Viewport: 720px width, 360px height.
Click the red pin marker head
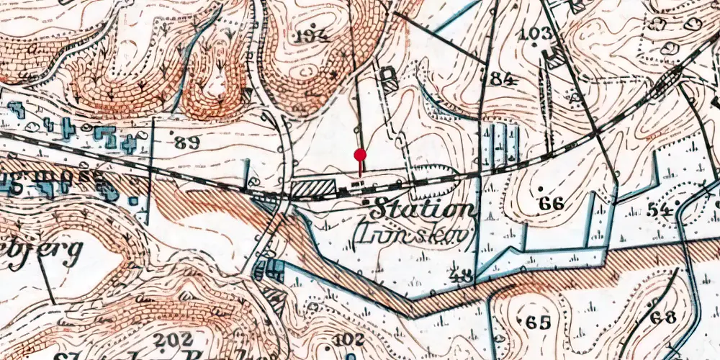361,154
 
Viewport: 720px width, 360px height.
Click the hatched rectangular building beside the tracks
313,189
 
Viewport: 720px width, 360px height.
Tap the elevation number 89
187,141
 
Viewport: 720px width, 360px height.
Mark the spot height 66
551,204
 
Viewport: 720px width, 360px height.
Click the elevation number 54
658,210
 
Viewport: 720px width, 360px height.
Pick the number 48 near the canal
464,275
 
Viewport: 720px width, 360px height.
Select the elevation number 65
538,321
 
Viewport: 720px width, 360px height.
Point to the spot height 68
662,318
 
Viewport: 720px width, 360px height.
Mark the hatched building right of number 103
555,58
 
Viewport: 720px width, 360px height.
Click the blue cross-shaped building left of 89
68,129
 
